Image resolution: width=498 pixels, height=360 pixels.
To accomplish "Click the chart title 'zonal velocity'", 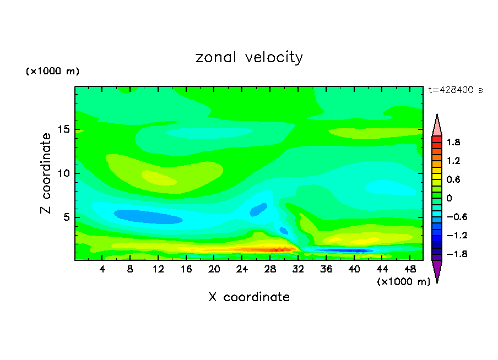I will click(249, 58).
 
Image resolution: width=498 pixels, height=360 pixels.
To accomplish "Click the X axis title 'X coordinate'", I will click(249, 297).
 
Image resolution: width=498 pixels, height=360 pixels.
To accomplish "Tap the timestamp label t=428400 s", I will click(455, 90).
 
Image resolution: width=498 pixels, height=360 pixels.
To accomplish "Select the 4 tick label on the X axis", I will click(102, 269).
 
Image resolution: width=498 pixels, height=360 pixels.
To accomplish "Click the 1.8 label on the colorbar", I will click(453, 142).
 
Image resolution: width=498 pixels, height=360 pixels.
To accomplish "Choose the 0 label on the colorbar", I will click(449, 198).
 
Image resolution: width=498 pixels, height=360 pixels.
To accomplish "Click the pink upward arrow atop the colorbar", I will click(437, 125).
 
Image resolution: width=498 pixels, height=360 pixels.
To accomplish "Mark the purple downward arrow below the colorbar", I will click(437, 271).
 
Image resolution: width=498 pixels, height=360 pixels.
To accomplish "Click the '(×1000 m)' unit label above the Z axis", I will click(52, 72).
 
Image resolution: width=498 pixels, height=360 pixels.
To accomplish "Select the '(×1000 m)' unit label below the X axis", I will click(403, 282).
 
